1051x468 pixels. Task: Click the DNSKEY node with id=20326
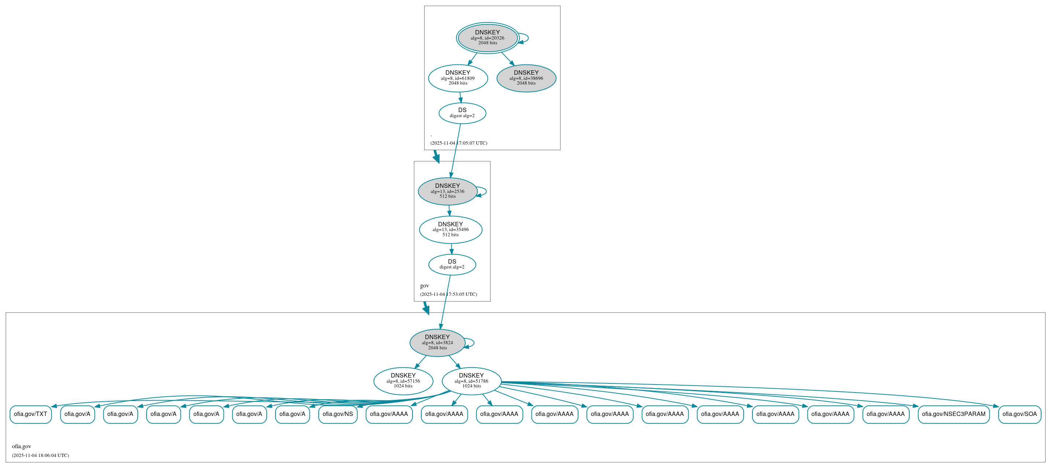coord(487,38)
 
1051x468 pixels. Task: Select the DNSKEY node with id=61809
coord(458,78)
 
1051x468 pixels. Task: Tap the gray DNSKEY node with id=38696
coord(526,78)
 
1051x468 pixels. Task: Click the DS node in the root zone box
coord(462,113)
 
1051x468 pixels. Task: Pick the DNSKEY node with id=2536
coord(447,191)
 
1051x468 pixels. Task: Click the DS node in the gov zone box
coord(452,264)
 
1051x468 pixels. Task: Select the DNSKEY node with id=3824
coord(437,342)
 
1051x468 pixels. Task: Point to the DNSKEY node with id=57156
coord(403,381)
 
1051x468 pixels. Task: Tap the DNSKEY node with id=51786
coord(471,381)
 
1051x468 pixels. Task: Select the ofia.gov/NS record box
coord(337,414)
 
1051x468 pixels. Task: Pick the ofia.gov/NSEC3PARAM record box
coord(954,414)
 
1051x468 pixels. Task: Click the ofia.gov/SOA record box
coord(1019,414)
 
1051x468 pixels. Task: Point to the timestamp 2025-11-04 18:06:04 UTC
coord(40,455)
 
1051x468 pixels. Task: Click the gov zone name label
coord(424,286)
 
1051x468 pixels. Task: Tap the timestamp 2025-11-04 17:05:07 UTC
coord(459,143)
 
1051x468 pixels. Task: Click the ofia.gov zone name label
coord(21,446)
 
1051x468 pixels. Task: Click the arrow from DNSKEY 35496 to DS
coord(451,249)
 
